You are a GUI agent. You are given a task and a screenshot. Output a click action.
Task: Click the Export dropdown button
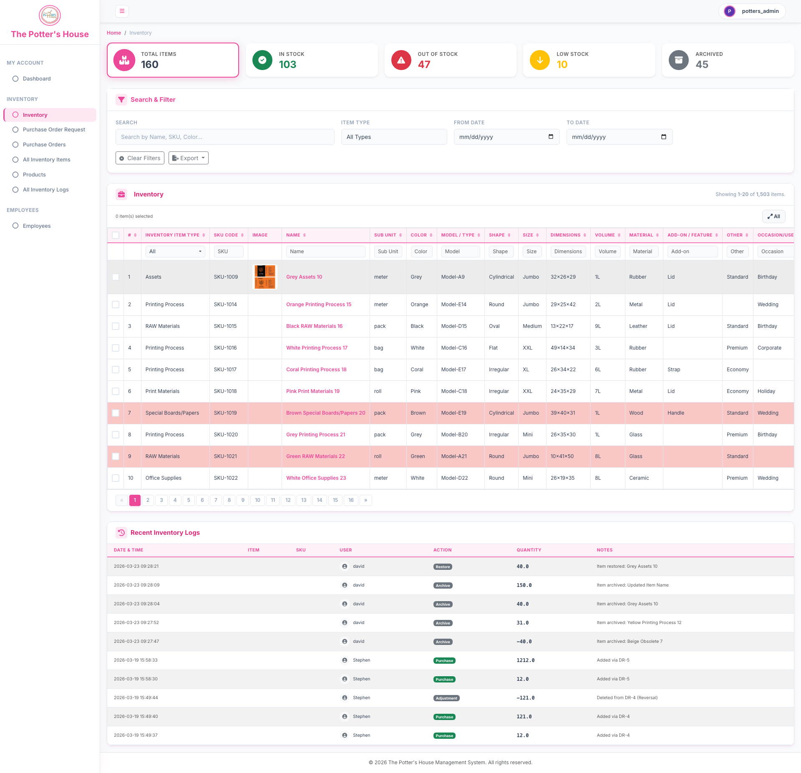[x=189, y=158]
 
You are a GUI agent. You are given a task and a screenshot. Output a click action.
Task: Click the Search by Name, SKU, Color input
[x=225, y=137]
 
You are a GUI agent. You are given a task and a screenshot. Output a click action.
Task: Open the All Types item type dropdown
[x=394, y=137]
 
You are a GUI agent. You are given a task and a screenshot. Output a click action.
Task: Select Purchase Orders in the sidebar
[x=44, y=145]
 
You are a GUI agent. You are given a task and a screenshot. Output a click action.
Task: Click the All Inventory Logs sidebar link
[x=46, y=190]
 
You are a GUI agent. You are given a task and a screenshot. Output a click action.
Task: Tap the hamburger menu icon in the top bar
[x=122, y=11]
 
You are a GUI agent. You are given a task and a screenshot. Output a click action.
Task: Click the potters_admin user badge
[x=752, y=11]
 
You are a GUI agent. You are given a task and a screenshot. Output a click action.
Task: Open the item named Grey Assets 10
[x=304, y=277]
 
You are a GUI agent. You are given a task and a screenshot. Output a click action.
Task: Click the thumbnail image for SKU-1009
[x=265, y=277]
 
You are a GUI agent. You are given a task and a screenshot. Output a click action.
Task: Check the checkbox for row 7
[x=116, y=413]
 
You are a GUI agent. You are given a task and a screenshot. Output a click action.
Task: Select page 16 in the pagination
[x=351, y=500]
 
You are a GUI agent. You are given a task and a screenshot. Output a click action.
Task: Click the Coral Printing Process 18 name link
[x=316, y=370]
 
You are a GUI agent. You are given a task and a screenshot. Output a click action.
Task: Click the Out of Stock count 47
[x=424, y=65]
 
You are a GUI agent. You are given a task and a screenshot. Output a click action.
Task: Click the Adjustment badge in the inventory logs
[x=446, y=698]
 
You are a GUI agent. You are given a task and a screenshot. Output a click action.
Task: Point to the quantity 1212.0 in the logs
[x=525, y=660]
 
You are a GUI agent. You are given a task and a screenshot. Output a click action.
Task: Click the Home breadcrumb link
[x=114, y=33]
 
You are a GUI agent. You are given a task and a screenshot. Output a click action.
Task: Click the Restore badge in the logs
[x=443, y=567]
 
